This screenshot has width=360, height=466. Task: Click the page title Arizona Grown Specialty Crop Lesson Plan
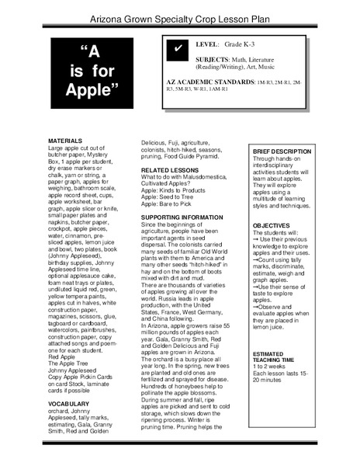pos(180,12)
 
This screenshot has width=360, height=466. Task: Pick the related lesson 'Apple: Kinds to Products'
pos(175,188)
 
